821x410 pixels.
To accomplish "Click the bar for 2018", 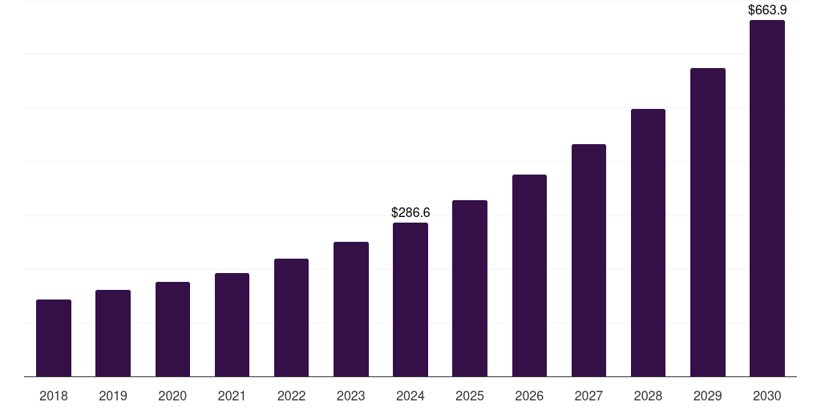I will (x=54, y=338).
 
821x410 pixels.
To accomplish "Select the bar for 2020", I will (x=172, y=329).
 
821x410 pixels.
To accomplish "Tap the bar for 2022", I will (x=291, y=317).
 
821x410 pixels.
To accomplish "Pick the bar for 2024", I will (x=410, y=299).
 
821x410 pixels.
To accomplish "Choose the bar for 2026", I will (x=529, y=275).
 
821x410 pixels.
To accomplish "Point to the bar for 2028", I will (x=648, y=243).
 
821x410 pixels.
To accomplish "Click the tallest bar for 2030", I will (x=767, y=199).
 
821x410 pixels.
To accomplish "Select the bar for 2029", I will (x=708, y=222).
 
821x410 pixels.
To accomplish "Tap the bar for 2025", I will (x=470, y=288).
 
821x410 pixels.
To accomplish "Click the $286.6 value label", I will (x=410, y=212).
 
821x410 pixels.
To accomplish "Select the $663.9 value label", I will (x=767, y=10).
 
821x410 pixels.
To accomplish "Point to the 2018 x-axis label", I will (x=54, y=396).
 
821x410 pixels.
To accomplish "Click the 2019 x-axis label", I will (x=113, y=396).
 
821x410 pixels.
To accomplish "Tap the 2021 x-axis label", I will (x=232, y=396).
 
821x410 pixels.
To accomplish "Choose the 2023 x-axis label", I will (x=351, y=396).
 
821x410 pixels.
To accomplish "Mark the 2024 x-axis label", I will (x=410, y=396).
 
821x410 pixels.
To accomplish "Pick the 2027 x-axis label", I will (x=588, y=396).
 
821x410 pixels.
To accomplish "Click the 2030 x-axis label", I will (x=767, y=396).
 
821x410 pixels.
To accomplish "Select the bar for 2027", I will (x=588, y=260).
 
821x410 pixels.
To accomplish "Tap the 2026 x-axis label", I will (x=529, y=396).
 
